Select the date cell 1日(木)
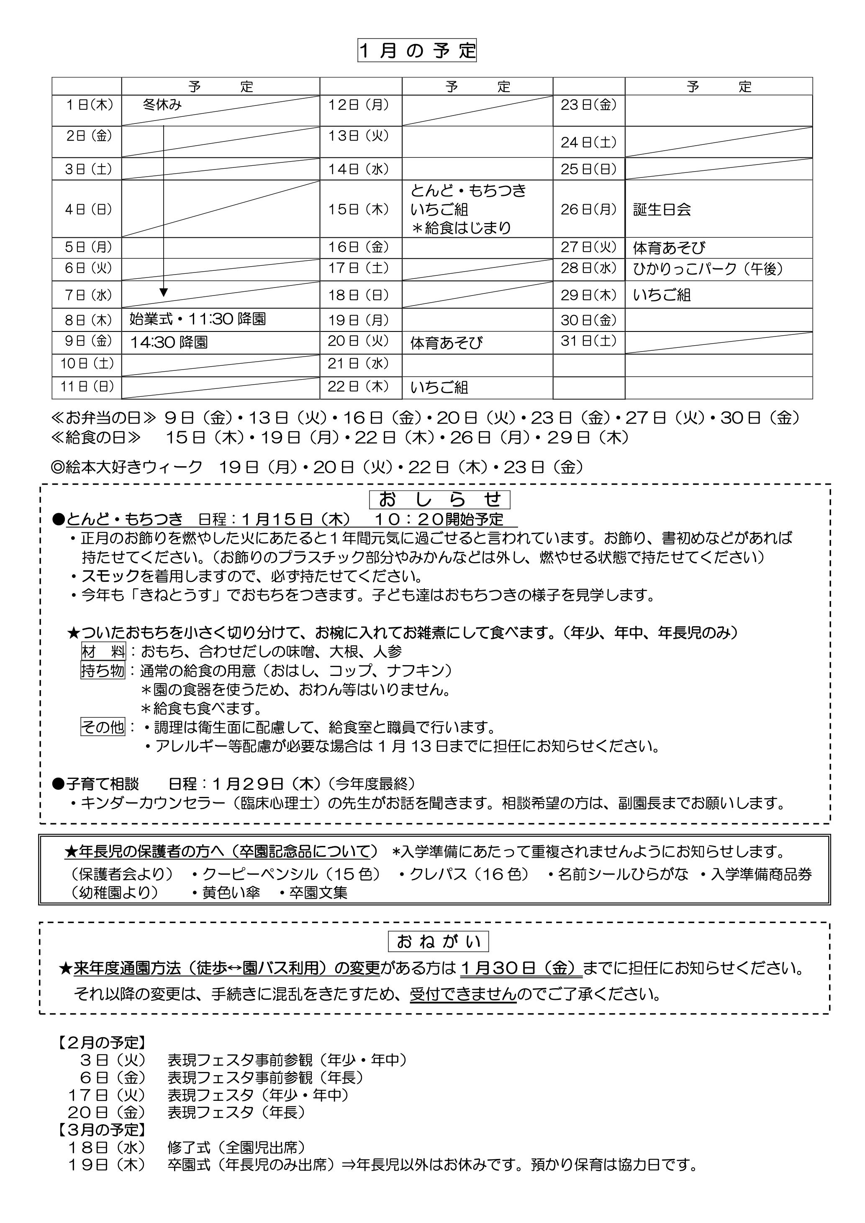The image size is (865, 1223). pyautogui.click(x=88, y=105)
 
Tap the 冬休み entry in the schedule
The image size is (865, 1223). pyautogui.click(x=162, y=105)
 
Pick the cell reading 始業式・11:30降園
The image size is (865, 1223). pyautogui.click(x=198, y=319)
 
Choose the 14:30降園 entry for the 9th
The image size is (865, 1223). pyautogui.click(x=169, y=342)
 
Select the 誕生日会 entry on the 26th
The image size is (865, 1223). pyautogui.click(x=662, y=209)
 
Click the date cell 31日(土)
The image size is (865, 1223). pyautogui.click(x=588, y=341)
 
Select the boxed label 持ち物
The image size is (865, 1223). pyautogui.click(x=103, y=670)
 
